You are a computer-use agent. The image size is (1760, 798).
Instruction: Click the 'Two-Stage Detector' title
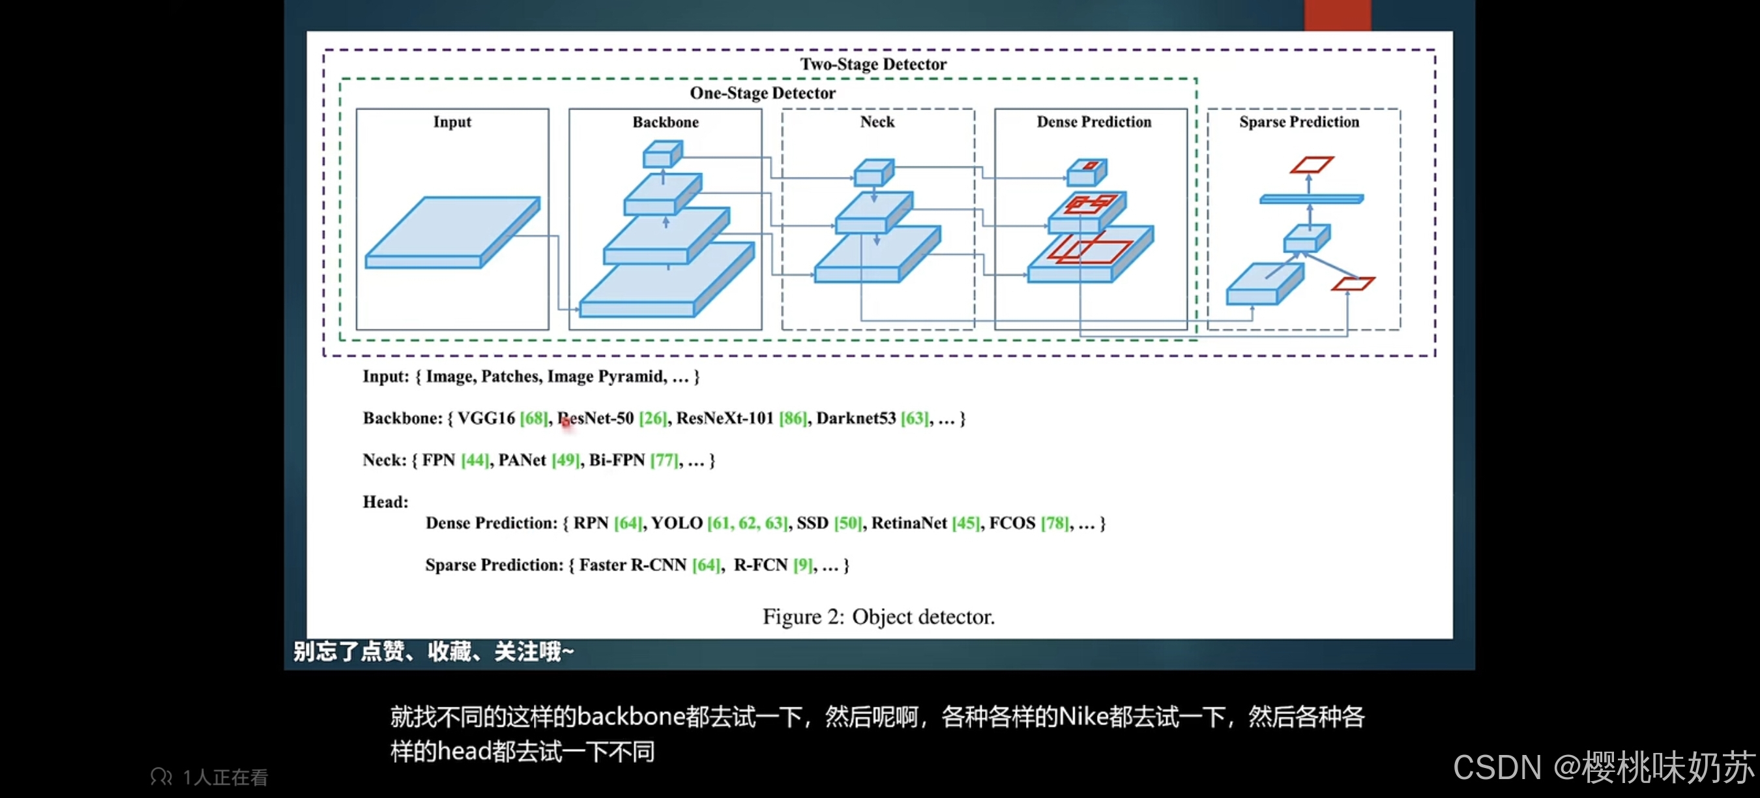[873, 65]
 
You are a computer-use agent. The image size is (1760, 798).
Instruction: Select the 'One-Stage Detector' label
[763, 93]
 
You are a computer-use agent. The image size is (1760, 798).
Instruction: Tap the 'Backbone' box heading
[666, 123]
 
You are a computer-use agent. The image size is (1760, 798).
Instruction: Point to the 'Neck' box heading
[877, 122]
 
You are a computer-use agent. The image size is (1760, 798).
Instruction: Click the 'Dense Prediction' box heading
[1094, 122]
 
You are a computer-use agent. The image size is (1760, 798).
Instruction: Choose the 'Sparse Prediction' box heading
[1299, 122]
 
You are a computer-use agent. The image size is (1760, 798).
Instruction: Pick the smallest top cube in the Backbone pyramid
[662, 154]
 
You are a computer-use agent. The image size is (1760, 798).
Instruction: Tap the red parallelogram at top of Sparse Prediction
[1311, 165]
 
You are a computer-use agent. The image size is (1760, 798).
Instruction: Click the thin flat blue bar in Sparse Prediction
[1311, 199]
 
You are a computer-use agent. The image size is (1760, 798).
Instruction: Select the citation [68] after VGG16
[534, 418]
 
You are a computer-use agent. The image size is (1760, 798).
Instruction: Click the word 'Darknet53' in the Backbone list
[855, 418]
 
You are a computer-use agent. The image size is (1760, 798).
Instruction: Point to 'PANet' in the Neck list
[522, 460]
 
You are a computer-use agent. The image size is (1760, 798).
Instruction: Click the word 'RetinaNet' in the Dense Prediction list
[909, 524]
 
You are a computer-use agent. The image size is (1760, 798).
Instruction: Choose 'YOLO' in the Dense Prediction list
[677, 524]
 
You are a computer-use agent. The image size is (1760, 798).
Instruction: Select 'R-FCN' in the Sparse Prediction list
[761, 565]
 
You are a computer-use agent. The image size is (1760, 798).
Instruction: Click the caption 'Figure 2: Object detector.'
[879, 616]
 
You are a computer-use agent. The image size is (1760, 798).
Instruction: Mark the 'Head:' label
[385, 502]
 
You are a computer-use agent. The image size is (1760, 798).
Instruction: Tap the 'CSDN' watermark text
[1496, 767]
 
